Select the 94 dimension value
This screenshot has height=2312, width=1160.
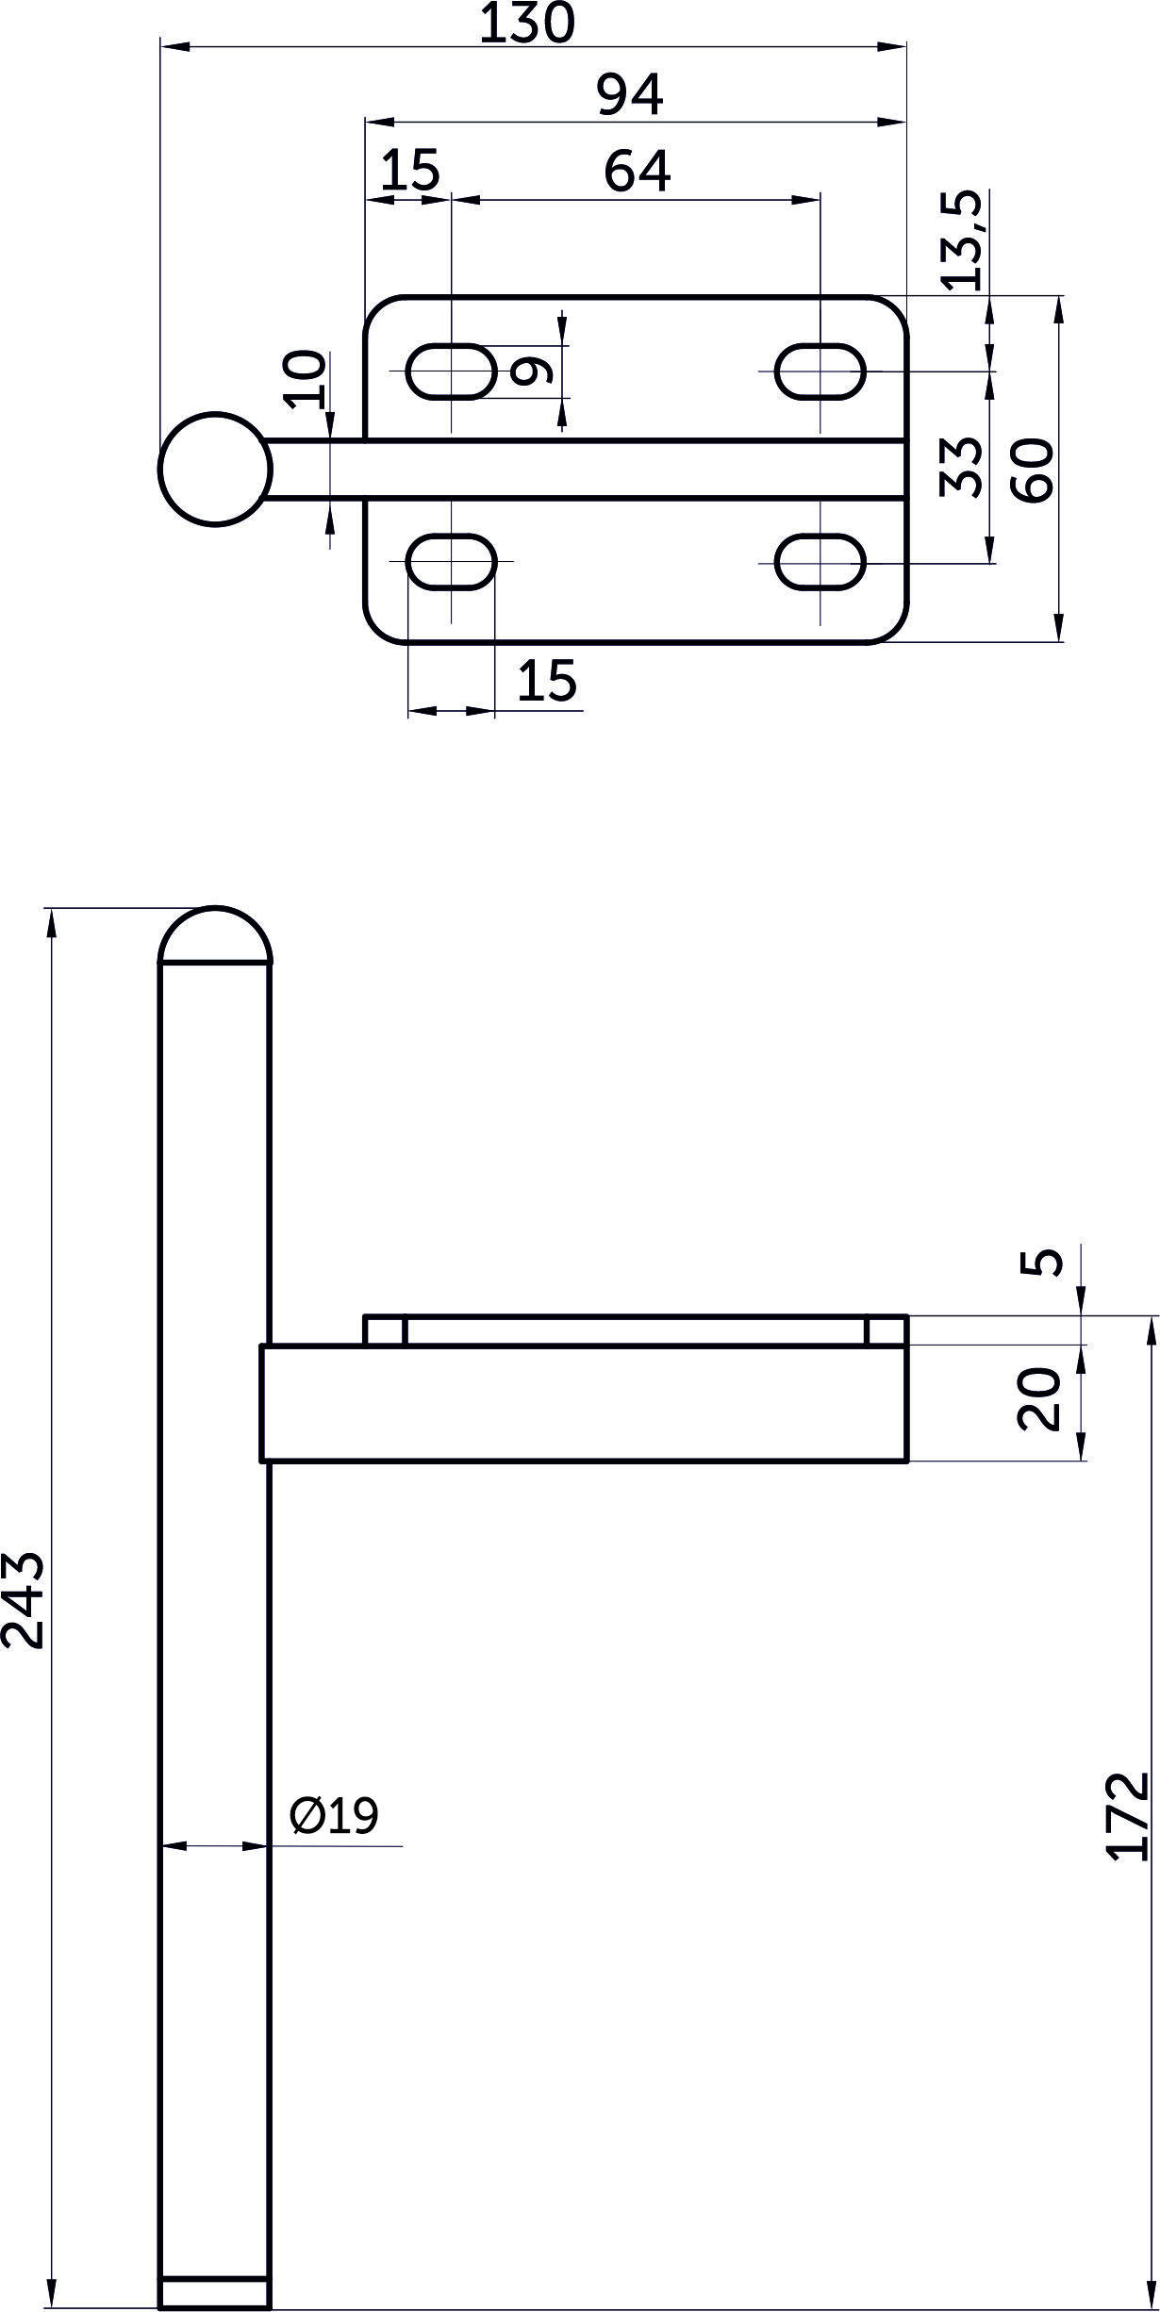[x=631, y=95]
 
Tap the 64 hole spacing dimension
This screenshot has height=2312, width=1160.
[x=638, y=172]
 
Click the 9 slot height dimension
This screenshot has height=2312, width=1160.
[x=531, y=371]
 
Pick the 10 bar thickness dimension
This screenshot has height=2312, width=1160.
[x=305, y=379]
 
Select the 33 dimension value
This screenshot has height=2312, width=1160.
[x=962, y=467]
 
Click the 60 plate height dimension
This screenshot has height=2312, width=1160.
[x=1031, y=471]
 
